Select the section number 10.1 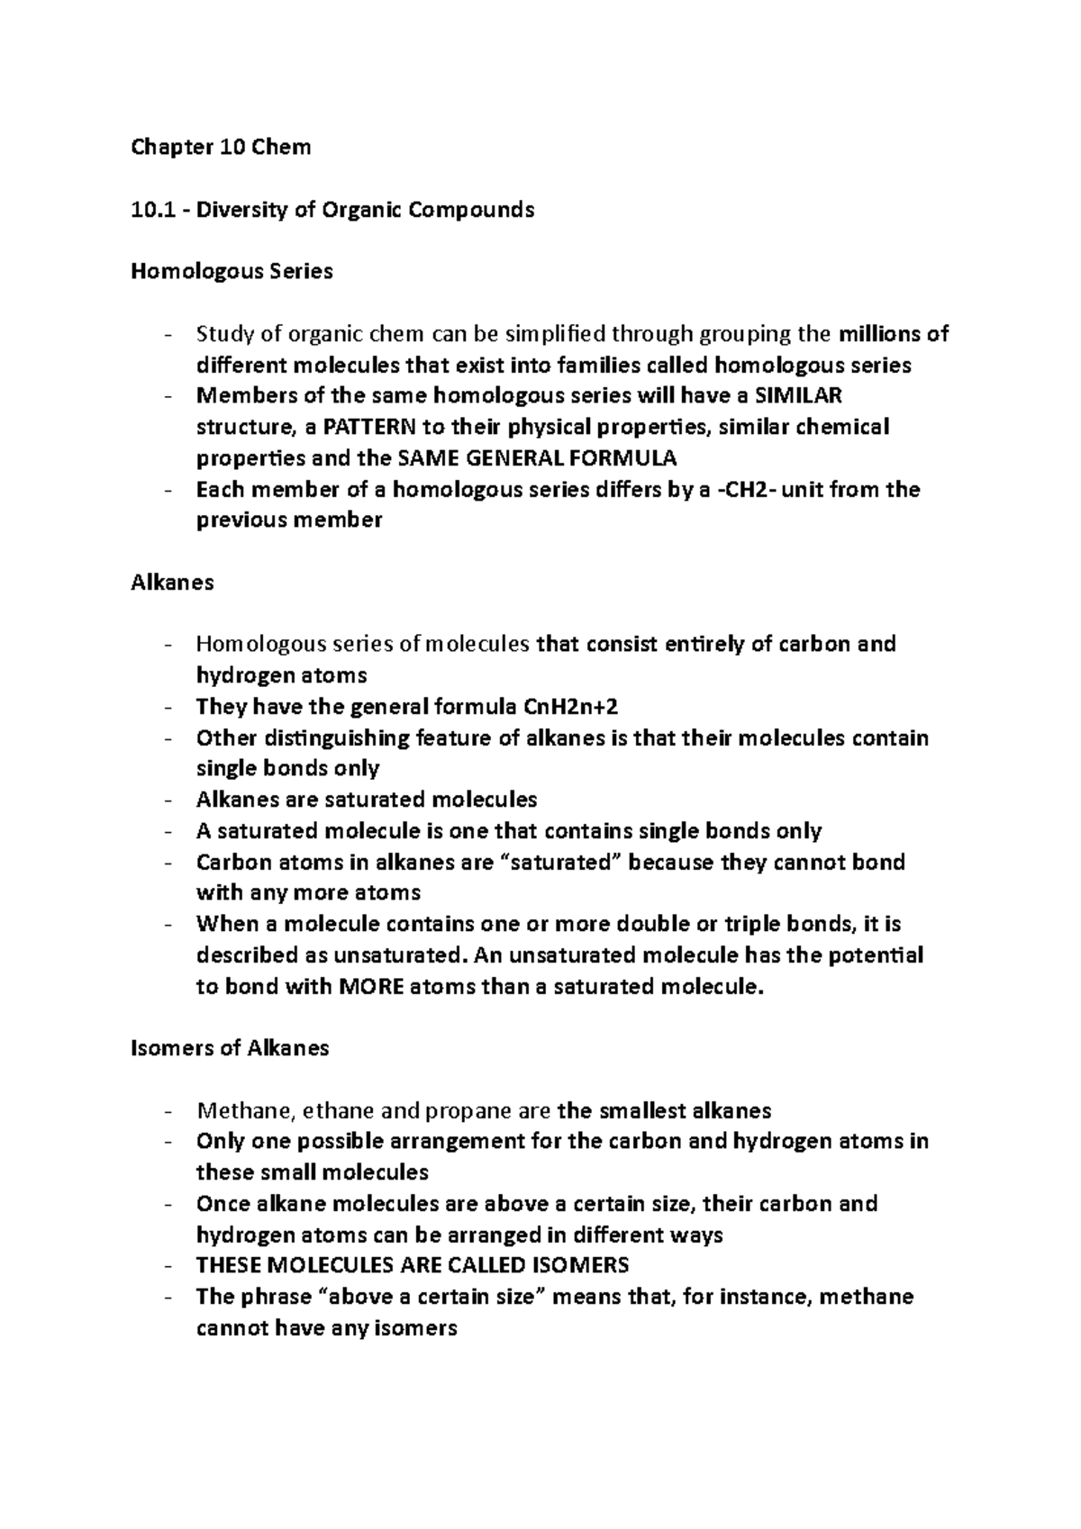point(150,210)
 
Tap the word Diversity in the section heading point(237,210)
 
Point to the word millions point(880,334)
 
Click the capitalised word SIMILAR point(797,396)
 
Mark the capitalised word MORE point(371,986)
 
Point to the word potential point(876,954)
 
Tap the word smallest point(644,1110)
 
